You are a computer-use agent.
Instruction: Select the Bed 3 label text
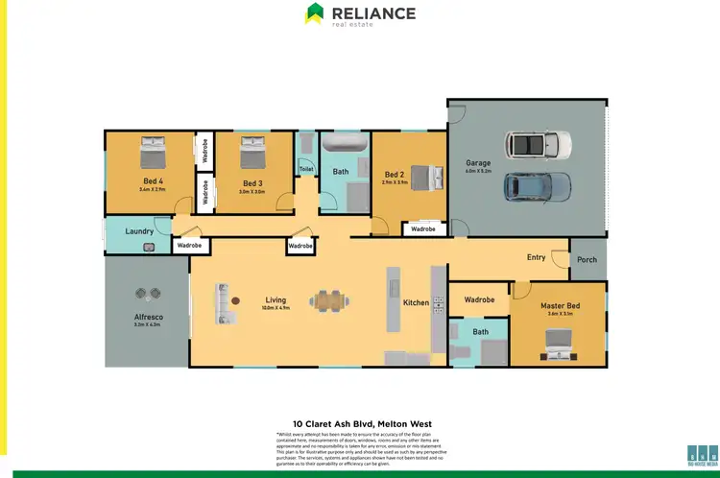252,183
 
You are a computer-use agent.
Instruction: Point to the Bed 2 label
395,175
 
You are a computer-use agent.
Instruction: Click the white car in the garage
540,145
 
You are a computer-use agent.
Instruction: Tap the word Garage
478,163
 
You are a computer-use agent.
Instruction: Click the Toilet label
306,169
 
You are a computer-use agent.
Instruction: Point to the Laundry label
140,231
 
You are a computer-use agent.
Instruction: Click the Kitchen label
416,302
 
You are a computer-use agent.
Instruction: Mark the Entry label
536,257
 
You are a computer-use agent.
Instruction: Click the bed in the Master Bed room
558,340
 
